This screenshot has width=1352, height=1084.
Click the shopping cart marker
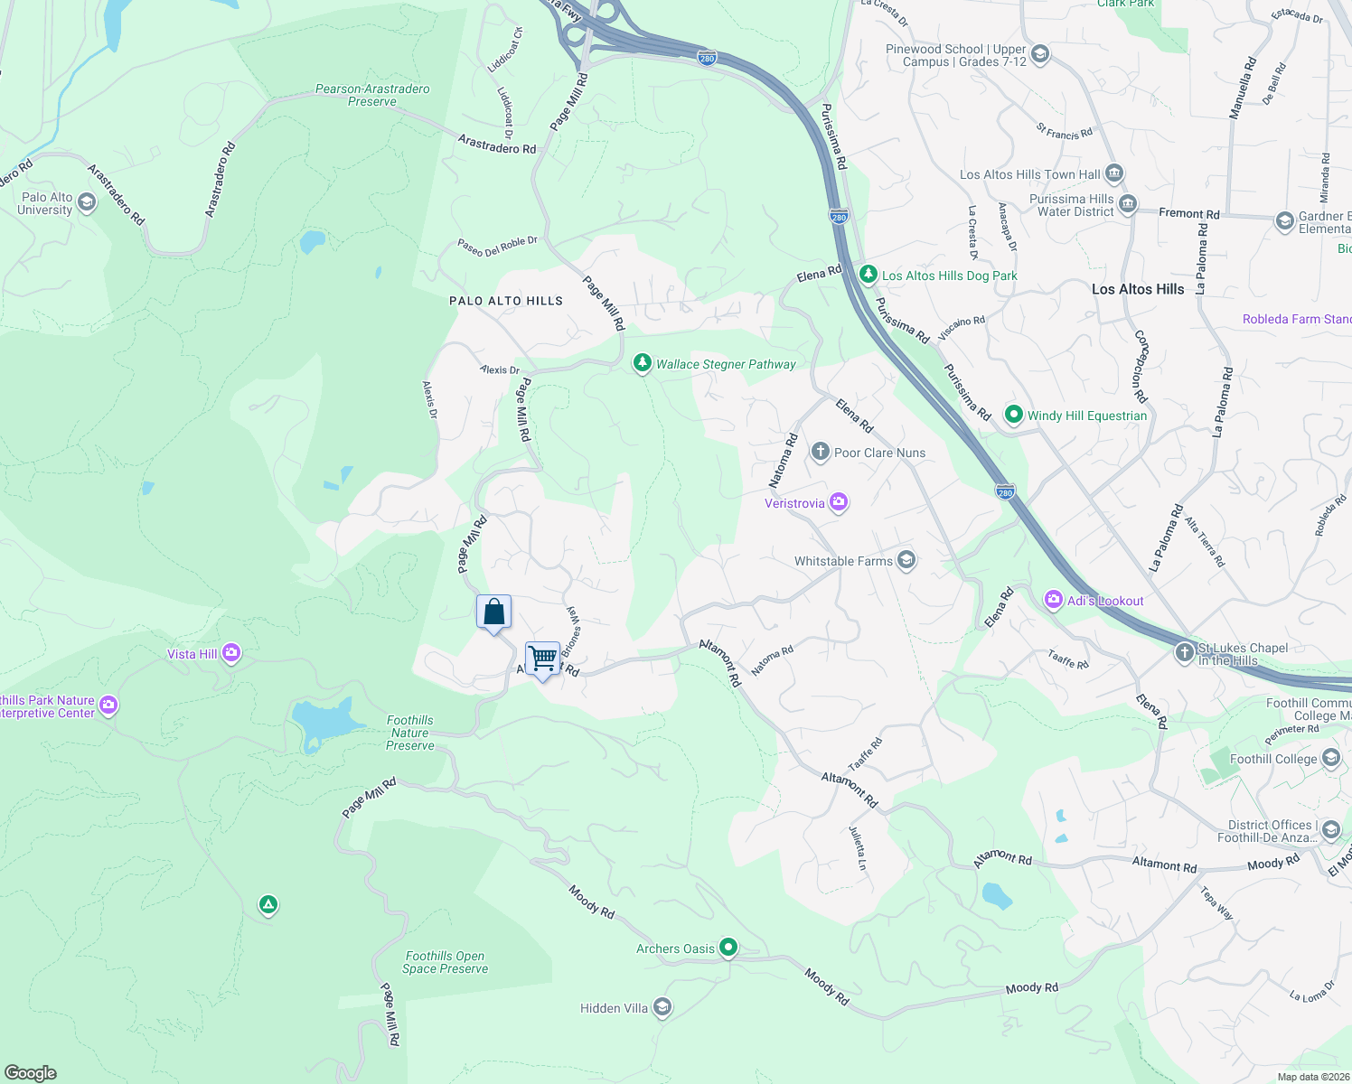tap(542, 659)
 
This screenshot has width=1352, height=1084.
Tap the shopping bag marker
tap(493, 612)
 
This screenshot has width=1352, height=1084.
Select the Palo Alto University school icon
tap(87, 202)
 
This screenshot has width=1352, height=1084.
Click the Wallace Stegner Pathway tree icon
tap(642, 363)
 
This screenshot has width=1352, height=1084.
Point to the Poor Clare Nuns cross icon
tap(820, 452)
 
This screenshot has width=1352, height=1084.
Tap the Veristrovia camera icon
tap(839, 502)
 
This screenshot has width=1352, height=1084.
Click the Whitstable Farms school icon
tap(906, 560)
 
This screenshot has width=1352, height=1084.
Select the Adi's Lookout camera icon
tap(1053, 600)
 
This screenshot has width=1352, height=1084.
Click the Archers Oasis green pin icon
tap(728, 948)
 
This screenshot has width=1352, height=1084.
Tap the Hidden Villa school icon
tap(662, 1007)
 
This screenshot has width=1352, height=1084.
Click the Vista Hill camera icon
tap(231, 653)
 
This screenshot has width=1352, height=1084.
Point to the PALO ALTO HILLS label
tap(506, 301)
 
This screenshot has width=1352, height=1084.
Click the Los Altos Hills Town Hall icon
tap(1114, 173)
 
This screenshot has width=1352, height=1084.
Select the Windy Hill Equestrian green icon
tap(1013, 415)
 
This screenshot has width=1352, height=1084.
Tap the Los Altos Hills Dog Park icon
tap(868, 275)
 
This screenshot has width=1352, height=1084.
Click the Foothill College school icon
tap(1331, 758)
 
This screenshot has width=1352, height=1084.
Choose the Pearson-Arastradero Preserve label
tap(372, 95)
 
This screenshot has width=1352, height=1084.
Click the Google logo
tap(30, 1072)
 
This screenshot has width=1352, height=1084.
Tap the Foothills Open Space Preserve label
tap(445, 962)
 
